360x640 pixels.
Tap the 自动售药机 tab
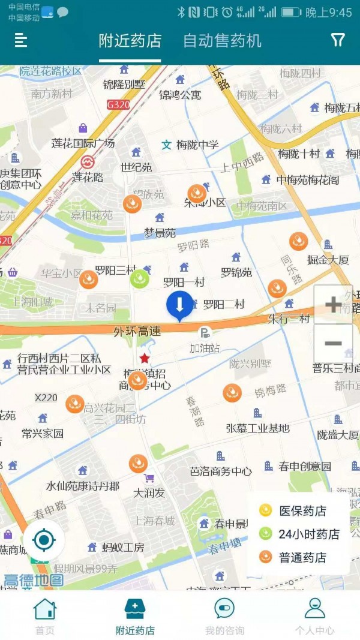(x=222, y=41)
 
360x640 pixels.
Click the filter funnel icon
(x=338, y=40)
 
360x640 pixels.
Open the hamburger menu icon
(x=21, y=40)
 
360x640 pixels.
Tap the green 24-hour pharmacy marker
(x=140, y=279)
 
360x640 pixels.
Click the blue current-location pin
(x=179, y=305)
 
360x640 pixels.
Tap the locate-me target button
(x=44, y=540)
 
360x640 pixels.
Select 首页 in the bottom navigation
(x=45, y=615)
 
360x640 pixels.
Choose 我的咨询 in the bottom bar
(x=224, y=615)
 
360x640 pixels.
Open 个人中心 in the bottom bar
(x=314, y=615)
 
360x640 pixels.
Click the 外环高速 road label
(x=137, y=331)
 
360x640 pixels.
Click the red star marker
(x=145, y=359)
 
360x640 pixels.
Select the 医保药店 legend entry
(x=294, y=511)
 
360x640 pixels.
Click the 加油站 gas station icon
(x=205, y=333)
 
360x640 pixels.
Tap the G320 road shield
(x=118, y=104)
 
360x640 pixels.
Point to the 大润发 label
(x=149, y=493)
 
